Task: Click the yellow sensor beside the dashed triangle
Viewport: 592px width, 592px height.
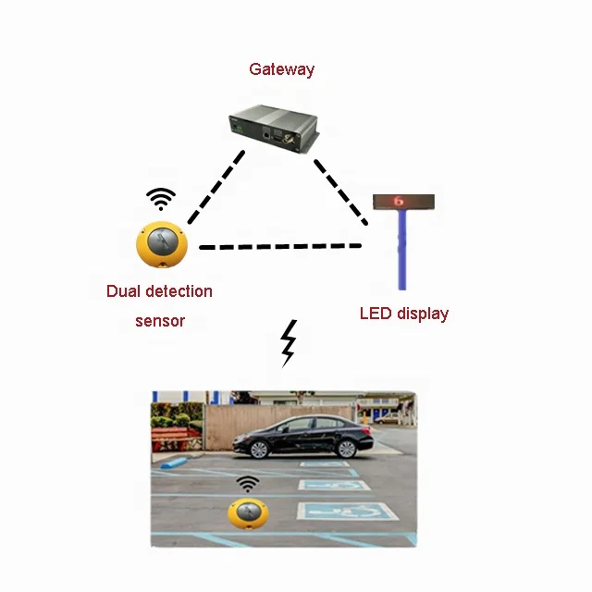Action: (162, 242)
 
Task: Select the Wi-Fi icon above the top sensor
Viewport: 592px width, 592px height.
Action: (161, 198)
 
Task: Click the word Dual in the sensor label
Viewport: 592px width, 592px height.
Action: (125, 291)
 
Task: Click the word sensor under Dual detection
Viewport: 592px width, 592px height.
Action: (159, 321)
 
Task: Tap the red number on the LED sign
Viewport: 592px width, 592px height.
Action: (400, 201)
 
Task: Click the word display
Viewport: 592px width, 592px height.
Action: (423, 314)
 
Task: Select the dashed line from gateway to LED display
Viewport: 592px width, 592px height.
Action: (339, 191)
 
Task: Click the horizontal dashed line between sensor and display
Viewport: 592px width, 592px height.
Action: (280, 247)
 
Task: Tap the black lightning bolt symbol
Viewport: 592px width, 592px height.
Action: (289, 343)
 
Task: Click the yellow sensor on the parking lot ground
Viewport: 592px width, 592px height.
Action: (247, 514)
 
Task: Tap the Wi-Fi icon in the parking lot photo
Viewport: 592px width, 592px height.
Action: (247, 484)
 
